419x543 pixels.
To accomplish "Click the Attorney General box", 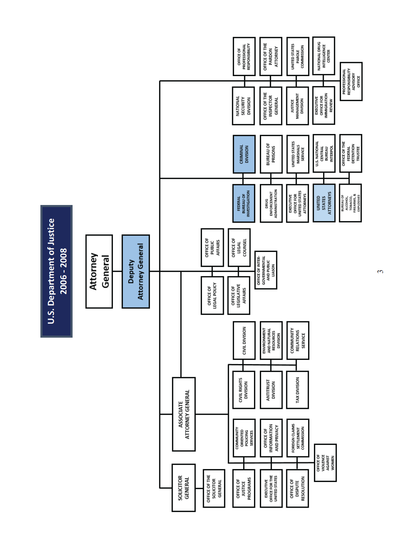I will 99,271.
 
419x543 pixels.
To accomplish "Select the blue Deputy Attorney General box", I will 136,271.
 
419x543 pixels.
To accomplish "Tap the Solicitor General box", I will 183,487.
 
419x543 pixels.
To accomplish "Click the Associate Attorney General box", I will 184,414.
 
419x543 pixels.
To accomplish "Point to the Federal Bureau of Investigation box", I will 244,203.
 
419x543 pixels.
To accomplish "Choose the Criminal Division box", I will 244,154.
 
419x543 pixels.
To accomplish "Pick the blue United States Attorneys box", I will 324,203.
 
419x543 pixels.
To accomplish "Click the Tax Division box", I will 297,390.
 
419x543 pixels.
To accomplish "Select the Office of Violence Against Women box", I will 325,463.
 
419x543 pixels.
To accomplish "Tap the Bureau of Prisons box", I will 271,154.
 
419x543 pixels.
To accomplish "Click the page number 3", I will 380,271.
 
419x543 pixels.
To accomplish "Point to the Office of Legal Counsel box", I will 239,248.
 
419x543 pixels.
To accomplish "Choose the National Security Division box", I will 243,106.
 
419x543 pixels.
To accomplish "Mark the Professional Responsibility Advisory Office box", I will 351,82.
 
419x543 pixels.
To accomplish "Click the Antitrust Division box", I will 271,390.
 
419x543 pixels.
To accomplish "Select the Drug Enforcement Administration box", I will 271,203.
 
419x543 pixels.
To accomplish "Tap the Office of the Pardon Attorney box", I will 271,57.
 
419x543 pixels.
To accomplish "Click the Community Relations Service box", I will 297,340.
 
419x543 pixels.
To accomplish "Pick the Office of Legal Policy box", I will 212,295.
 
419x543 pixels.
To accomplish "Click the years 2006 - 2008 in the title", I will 64,271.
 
